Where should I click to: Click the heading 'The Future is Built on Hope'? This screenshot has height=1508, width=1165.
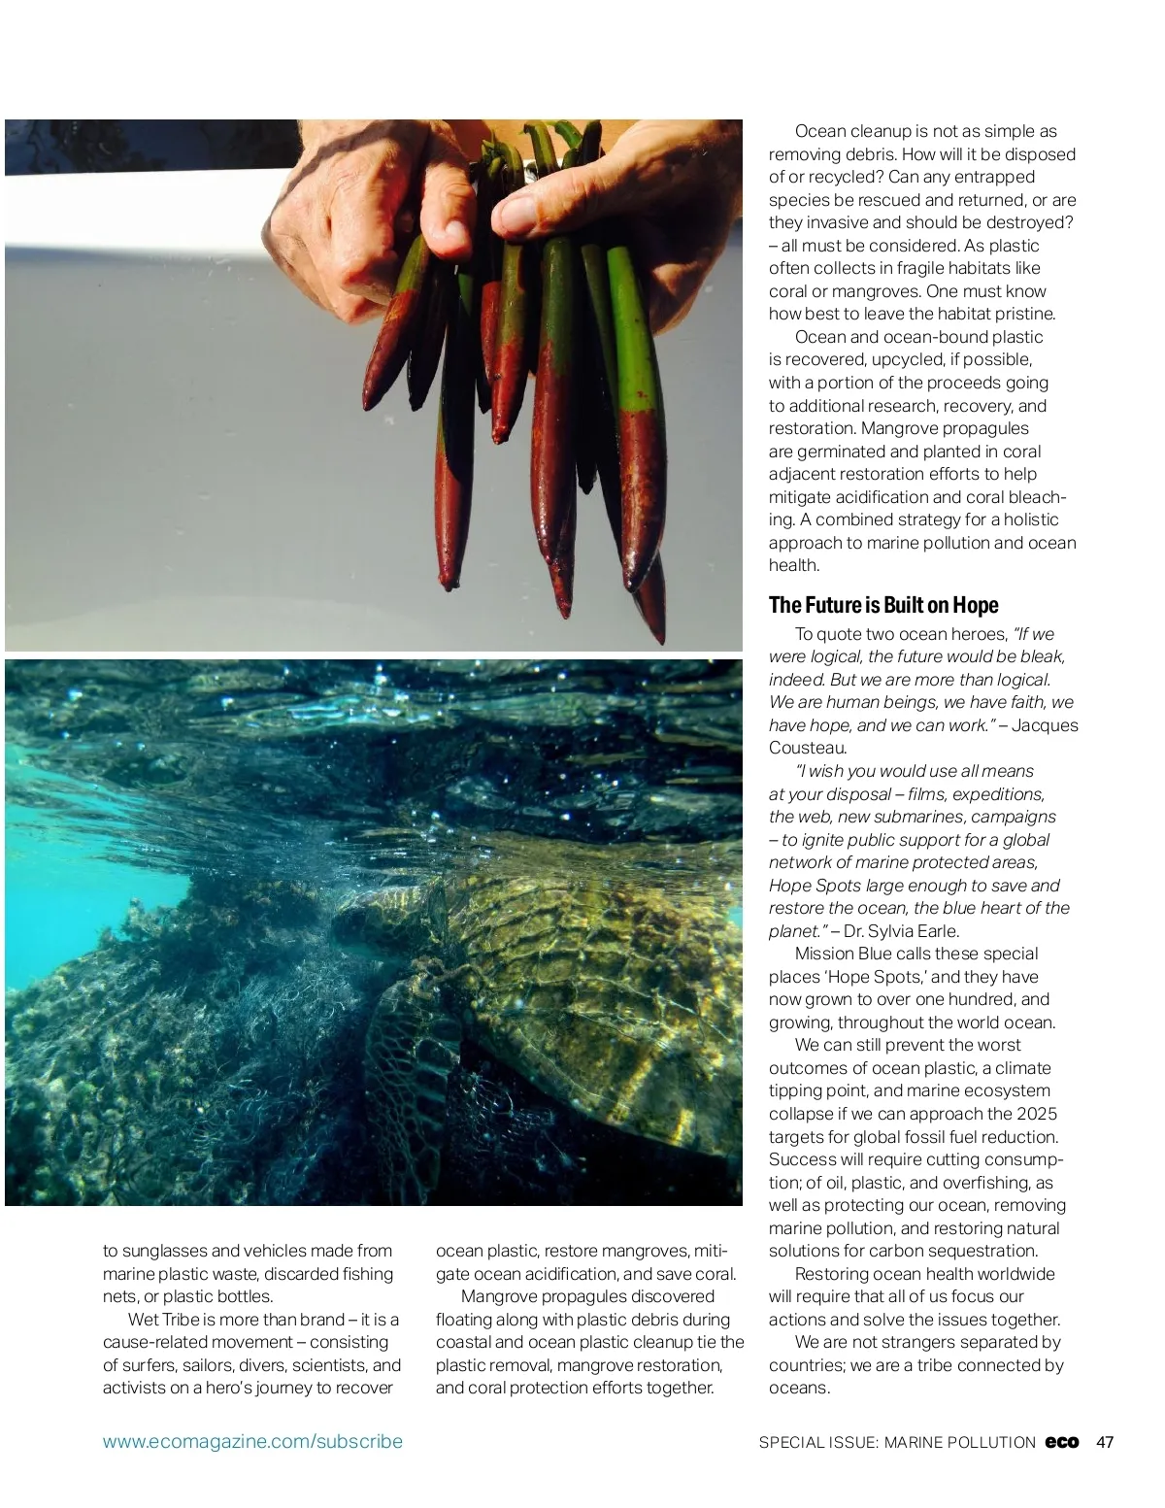(882, 605)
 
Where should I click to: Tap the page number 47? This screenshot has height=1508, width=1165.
(1105, 1442)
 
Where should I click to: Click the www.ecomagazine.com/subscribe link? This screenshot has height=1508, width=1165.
(252, 1442)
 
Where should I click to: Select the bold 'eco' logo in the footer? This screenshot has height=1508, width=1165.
(1062, 1442)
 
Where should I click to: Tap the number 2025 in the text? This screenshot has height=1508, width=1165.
(1037, 1114)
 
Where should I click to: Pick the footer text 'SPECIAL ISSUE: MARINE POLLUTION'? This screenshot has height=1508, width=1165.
(897, 1443)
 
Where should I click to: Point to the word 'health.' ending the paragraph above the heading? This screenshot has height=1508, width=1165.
(794, 565)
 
